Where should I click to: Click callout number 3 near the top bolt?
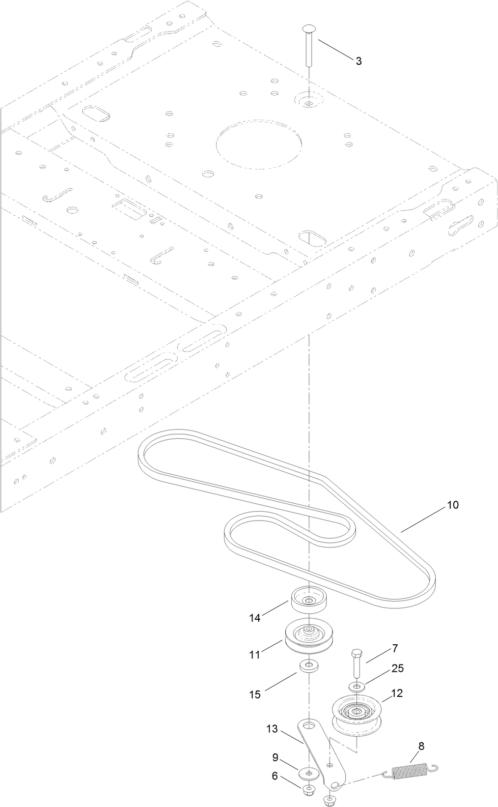click(x=359, y=61)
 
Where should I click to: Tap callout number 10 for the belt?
click(x=452, y=505)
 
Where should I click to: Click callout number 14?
click(x=254, y=618)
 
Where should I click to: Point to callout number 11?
click(x=254, y=655)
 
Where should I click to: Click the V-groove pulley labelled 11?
click(x=307, y=636)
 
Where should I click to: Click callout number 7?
click(x=395, y=648)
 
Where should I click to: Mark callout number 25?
click(x=398, y=668)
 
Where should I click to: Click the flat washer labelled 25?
click(x=357, y=686)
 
